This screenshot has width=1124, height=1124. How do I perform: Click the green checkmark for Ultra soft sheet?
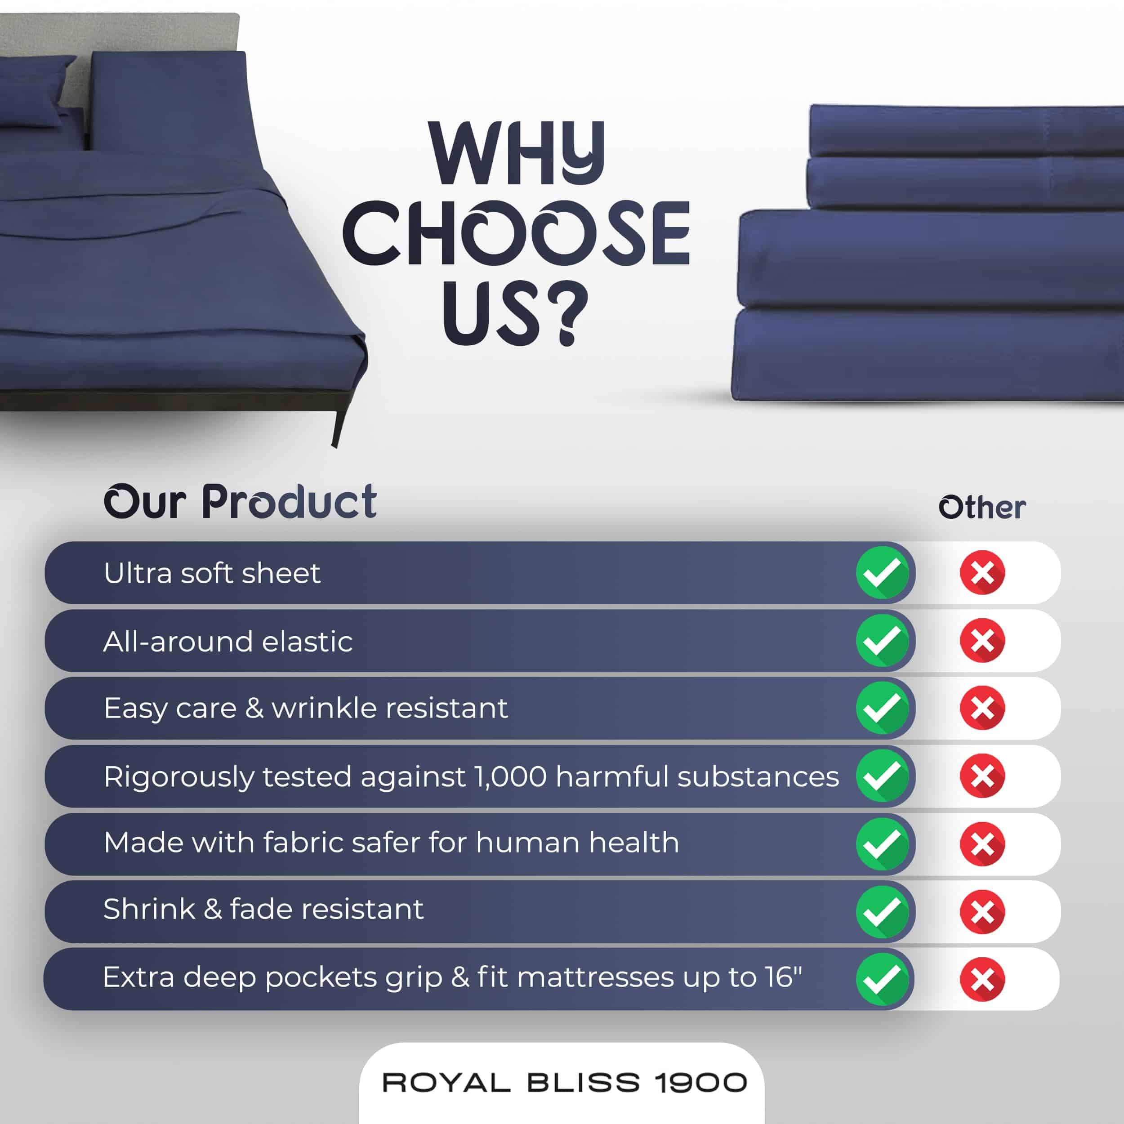pyautogui.click(x=882, y=572)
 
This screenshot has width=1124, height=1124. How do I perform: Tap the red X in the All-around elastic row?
pyautogui.click(x=982, y=641)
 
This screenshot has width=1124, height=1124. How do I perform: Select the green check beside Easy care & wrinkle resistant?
pyautogui.click(x=882, y=708)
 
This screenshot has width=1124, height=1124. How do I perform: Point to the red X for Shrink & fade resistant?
pyautogui.click(x=982, y=912)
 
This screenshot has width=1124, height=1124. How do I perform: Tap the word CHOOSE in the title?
pyautogui.click(x=517, y=233)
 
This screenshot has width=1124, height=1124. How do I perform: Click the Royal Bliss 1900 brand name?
pyautogui.click(x=564, y=1083)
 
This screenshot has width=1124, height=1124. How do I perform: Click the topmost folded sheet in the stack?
pyautogui.click(x=966, y=131)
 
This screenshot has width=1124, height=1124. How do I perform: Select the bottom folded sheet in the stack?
pyautogui.click(x=928, y=355)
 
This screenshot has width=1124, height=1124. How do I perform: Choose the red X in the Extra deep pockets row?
pyautogui.click(x=982, y=979)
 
